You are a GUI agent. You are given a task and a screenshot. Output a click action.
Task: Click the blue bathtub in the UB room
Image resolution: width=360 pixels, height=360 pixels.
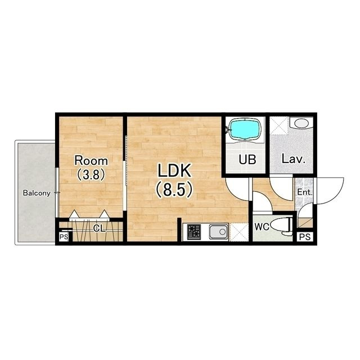[245, 129]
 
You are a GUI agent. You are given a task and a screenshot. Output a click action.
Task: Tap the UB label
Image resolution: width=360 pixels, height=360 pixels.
[247, 160]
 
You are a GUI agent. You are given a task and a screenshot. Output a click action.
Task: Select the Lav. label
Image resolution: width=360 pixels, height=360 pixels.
[294, 159]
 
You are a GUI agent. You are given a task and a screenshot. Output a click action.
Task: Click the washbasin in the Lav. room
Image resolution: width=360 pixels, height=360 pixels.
[301, 123]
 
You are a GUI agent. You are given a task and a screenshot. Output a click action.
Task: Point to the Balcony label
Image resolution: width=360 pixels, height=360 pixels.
[37, 193]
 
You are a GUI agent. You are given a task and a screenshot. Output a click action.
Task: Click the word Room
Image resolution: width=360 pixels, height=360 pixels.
[91, 160]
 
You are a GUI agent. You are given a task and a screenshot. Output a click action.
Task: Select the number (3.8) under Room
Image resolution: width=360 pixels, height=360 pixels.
[91, 174]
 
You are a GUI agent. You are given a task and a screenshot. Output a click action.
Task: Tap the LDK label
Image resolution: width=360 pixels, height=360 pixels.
[174, 170]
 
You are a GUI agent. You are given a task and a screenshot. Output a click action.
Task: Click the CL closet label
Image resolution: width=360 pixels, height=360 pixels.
[100, 228]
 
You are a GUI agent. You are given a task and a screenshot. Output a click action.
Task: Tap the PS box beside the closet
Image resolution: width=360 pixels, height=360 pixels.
[64, 237]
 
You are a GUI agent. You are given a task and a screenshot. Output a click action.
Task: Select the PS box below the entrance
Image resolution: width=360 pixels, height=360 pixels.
[305, 237]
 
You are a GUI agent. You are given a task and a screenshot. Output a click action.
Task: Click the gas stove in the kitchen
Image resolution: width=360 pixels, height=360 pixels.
[194, 232]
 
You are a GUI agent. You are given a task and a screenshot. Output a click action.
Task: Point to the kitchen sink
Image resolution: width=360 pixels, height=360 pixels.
[218, 232]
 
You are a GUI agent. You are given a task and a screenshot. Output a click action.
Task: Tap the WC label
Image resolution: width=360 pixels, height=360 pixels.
[262, 227]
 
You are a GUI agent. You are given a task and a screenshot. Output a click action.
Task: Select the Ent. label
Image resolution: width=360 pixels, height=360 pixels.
[305, 192]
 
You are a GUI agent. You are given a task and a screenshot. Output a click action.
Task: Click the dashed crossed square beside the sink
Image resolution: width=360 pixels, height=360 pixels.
[238, 232]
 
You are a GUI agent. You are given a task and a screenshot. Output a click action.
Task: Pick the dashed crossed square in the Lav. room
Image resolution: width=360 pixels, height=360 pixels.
[279, 125]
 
